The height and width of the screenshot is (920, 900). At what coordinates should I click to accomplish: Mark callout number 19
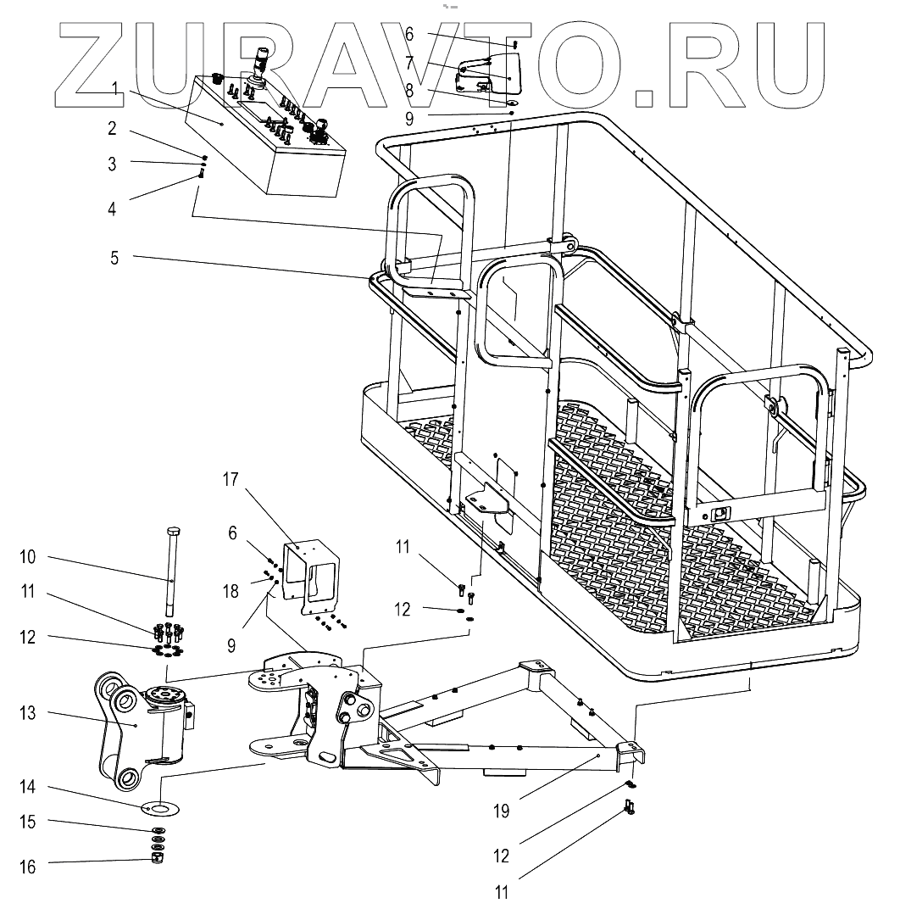coord(501,811)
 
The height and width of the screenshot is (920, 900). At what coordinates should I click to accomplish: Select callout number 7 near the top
coord(408,63)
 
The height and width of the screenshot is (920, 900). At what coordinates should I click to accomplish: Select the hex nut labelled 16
coord(158,860)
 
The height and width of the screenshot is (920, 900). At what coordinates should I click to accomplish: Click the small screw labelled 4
coord(202,174)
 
